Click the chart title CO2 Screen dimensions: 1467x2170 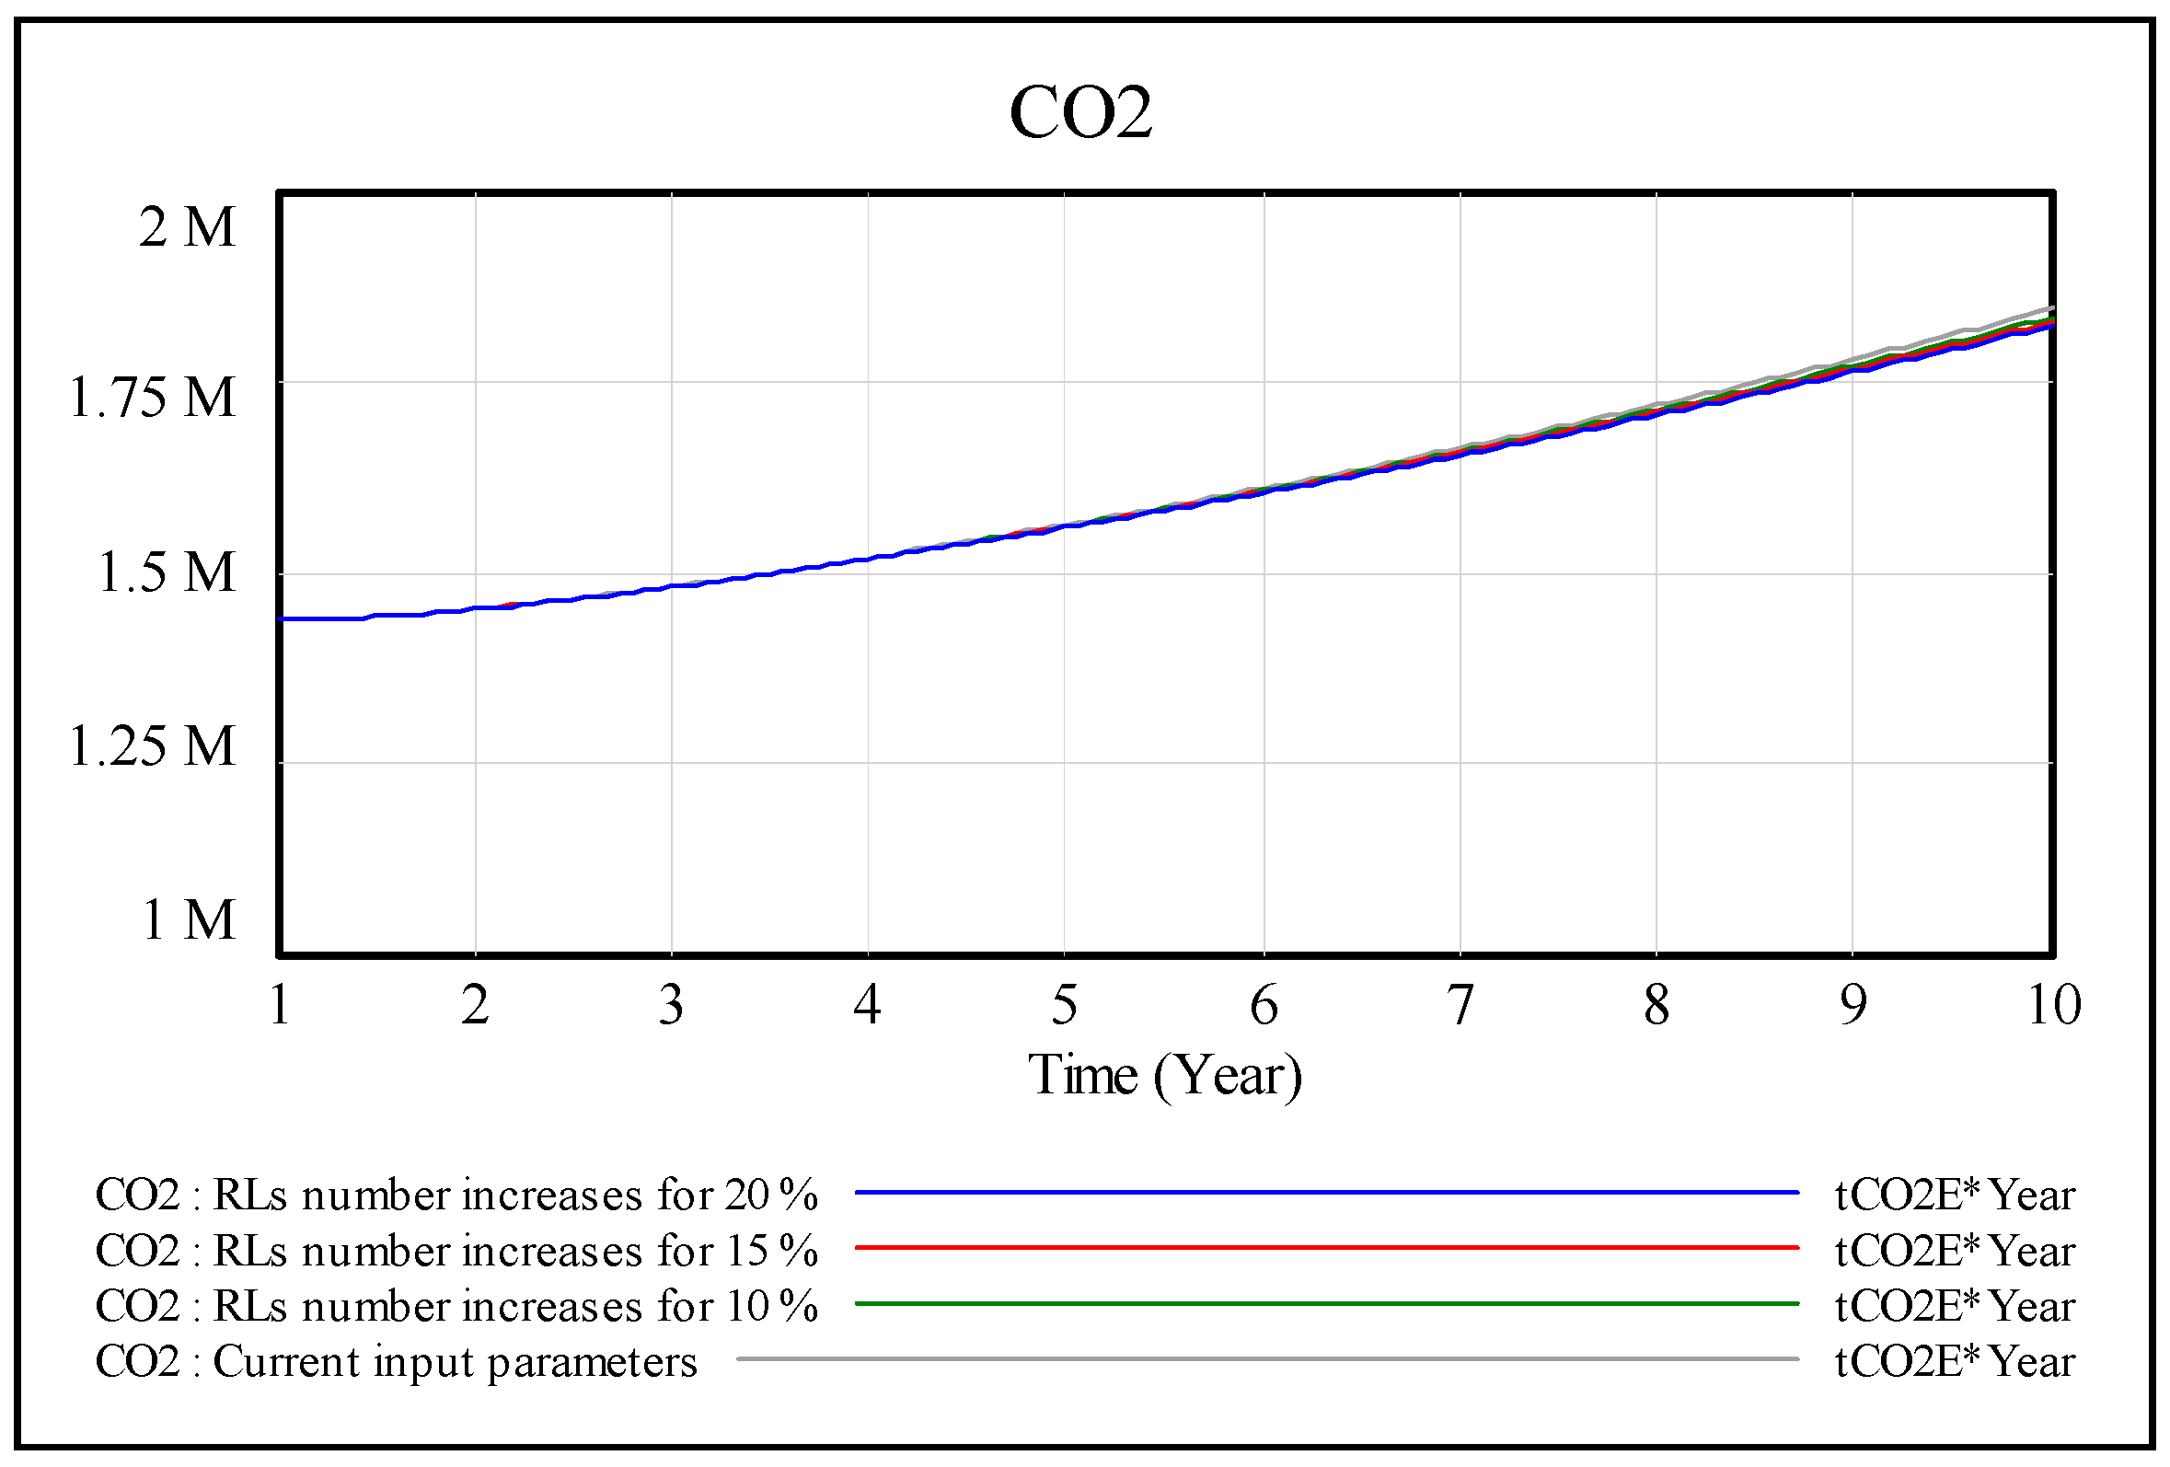point(1080,113)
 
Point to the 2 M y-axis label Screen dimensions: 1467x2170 point(187,227)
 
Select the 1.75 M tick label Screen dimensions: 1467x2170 point(152,398)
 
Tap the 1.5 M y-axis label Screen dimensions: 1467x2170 point(167,572)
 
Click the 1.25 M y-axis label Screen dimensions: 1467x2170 point(152,746)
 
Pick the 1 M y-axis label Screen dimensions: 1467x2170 point(187,919)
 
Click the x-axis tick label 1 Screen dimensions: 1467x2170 point(279,1006)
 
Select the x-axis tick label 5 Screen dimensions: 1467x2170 point(1064,1006)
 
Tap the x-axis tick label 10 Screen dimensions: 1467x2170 point(2053,1006)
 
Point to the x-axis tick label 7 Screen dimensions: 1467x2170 point(1460,1006)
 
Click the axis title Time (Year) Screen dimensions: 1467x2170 point(1164,1076)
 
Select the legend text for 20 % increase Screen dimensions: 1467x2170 point(456,1196)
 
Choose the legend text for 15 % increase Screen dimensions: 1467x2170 point(456,1252)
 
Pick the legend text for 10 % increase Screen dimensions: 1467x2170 point(456,1306)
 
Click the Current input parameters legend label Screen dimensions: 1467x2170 point(396,1361)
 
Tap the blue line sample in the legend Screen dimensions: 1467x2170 point(1326,1193)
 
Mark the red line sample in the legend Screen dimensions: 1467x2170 point(1326,1248)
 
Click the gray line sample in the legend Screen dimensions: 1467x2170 point(1267,1358)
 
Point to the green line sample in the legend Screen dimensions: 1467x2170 point(1326,1303)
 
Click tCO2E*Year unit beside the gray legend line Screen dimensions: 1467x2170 point(1954,1361)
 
